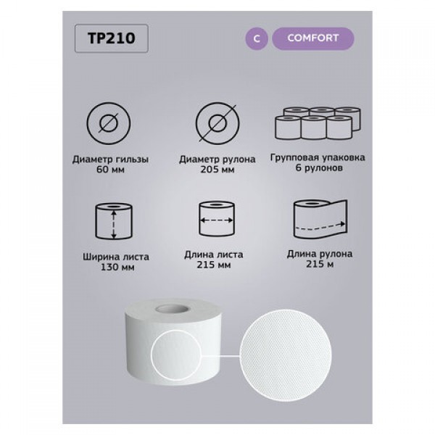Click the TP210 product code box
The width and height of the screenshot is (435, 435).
coord(112,38)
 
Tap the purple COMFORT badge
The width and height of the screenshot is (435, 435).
coord(313,38)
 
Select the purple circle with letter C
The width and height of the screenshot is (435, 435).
coord(257,38)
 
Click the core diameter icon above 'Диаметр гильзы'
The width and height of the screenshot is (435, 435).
coord(109,123)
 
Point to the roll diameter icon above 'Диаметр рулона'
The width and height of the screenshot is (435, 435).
coord(217,123)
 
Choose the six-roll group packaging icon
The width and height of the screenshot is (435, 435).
coord(318,123)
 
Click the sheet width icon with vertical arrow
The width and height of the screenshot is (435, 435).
coord(114,221)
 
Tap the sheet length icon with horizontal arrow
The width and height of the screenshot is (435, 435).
coord(217,219)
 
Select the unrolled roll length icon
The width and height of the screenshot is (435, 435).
coord(320,219)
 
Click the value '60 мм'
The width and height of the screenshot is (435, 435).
coord(110,170)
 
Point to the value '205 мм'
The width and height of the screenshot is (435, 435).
coord(217,170)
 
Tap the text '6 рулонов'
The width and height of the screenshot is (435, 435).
coord(319,168)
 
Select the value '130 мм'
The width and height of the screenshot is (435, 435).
coord(117,267)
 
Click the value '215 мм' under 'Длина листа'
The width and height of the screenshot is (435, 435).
coord(214,265)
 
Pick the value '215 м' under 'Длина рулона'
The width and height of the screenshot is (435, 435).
coord(320,264)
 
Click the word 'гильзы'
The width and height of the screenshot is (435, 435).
coord(132,159)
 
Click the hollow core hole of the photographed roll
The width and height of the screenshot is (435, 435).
coord(173,309)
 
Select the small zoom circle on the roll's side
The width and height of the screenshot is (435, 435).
coord(176,355)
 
